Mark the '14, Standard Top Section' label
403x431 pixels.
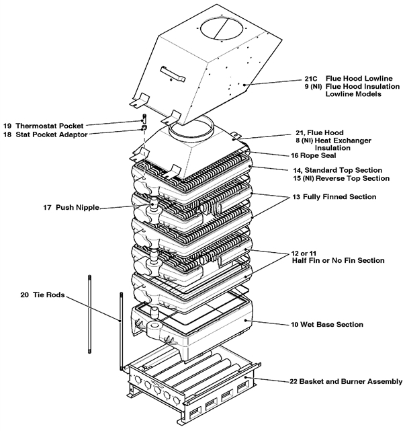coord(339,169)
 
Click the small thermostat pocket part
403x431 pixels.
coord(143,118)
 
